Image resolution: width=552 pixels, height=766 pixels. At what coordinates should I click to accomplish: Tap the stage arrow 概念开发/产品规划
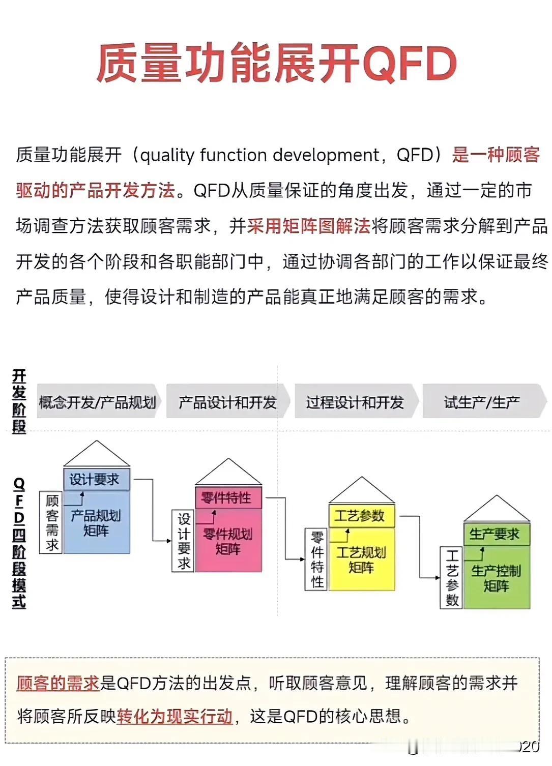tap(98, 403)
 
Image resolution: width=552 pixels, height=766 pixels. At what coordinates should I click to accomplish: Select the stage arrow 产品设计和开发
tap(227, 403)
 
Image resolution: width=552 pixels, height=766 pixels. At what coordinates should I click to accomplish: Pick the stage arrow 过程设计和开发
tap(355, 403)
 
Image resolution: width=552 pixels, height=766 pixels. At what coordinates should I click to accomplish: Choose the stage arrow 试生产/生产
tap(482, 403)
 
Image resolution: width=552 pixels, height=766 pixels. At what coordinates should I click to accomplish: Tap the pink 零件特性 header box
tap(228, 497)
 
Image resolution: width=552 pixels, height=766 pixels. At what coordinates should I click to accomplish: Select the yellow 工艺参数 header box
tap(362, 516)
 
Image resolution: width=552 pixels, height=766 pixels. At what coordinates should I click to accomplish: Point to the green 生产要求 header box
tap(497, 534)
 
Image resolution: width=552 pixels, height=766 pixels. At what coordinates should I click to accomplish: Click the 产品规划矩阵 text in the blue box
tap(96, 523)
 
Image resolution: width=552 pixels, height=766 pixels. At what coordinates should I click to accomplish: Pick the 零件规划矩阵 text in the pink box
tap(228, 542)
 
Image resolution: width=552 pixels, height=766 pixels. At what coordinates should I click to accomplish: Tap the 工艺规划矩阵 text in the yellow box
tap(362, 560)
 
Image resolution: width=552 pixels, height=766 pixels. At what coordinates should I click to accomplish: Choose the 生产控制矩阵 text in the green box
tap(497, 578)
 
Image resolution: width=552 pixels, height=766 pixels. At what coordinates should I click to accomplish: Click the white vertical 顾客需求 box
tap(51, 523)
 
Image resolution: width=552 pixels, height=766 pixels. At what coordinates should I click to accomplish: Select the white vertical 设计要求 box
tap(184, 541)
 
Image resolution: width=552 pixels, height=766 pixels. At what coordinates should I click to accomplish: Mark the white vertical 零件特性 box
tap(316, 559)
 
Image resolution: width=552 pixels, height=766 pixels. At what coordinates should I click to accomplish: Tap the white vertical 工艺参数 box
tap(451, 578)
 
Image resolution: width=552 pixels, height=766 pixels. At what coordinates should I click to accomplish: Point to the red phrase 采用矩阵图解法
tap(309, 226)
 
